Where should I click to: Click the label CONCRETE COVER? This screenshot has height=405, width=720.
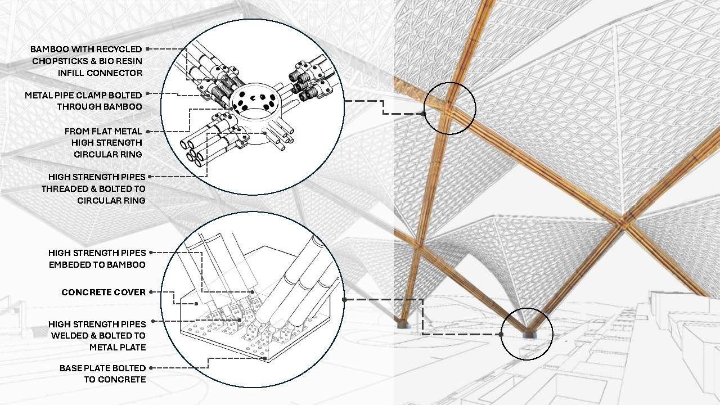coord(103,292)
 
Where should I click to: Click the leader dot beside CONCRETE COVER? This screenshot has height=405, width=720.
coord(151,292)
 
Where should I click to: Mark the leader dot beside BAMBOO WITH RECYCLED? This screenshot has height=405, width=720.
coord(147,49)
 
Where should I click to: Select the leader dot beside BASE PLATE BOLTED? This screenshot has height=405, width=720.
coord(151,368)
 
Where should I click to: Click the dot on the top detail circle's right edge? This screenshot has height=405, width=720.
coord(344,101)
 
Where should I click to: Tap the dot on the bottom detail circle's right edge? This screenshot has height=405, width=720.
coord(344,300)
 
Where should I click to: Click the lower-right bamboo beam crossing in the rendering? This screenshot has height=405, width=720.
coord(623,222)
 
